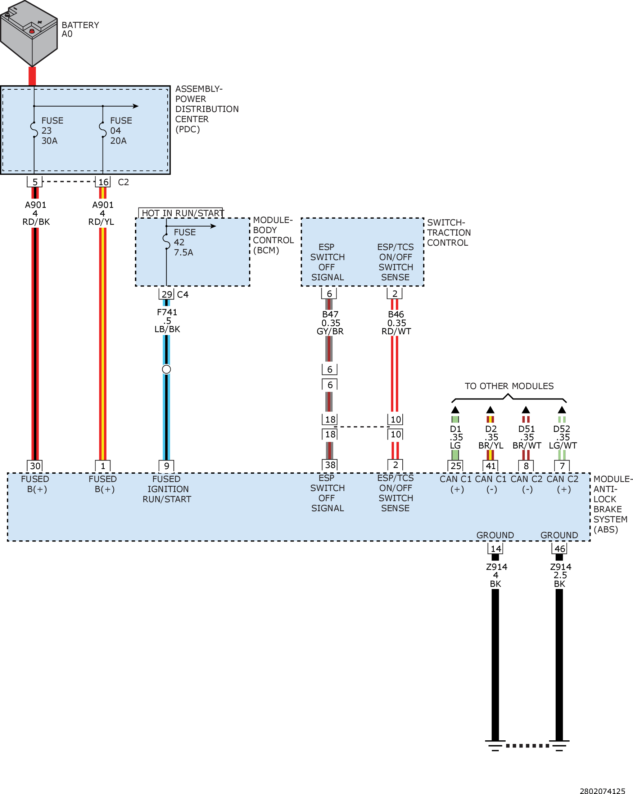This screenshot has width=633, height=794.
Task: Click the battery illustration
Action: coord(29,34)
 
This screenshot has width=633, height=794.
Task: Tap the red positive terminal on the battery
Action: coord(32,31)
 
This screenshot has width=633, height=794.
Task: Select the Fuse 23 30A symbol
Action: coord(34,130)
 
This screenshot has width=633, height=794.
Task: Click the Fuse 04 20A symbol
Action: coord(103,130)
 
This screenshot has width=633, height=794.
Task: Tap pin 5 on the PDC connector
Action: coord(35,182)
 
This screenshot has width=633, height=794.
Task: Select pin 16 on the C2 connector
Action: coord(103,182)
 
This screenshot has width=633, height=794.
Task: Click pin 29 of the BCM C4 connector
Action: coord(167,294)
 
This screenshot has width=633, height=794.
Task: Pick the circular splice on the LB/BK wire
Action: coord(166,369)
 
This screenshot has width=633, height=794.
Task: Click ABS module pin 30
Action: coord(35,465)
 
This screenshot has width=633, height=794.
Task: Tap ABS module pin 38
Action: coord(330,464)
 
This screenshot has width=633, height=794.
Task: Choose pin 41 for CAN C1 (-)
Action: coord(490,465)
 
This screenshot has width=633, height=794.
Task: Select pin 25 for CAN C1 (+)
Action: coord(455,465)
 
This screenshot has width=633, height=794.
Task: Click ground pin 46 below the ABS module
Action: coord(560,548)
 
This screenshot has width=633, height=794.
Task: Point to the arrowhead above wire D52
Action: coord(562,410)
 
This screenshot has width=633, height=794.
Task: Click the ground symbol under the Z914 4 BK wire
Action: coord(495,745)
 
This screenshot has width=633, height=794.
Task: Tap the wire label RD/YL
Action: coord(101,222)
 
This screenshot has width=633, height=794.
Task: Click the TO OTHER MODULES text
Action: coord(509,386)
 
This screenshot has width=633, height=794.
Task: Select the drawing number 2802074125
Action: coord(602,790)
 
